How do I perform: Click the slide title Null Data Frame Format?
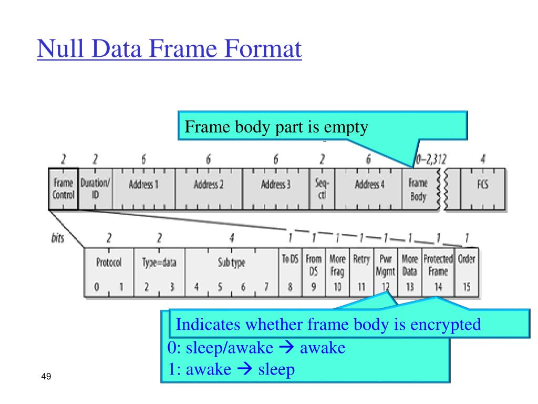pos(169,50)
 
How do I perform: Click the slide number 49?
pos(45,377)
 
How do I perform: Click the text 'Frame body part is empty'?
pos(276,127)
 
